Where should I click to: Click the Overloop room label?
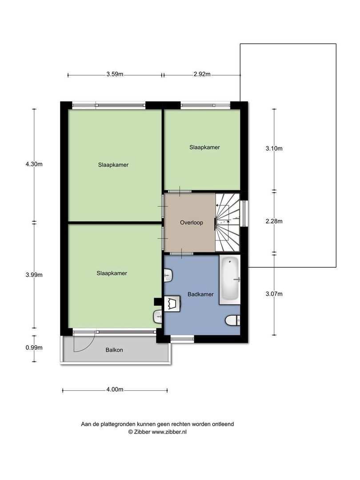pyautogui.click(x=191, y=223)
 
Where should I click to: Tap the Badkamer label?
pyautogui.click(x=200, y=294)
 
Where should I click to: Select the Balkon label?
pyautogui.click(x=114, y=350)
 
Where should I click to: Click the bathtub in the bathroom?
pyautogui.click(x=230, y=279)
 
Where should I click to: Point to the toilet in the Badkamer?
pyautogui.click(x=232, y=320)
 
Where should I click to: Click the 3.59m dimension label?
pyautogui.click(x=115, y=74)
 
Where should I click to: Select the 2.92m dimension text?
pyautogui.click(x=202, y=74)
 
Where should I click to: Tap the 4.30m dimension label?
pyautogui.click(x=34, y=164)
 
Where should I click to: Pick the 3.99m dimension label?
pyautogui.click(x=34, y=275)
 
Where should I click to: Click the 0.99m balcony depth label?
pyautogui.click(x=34, y=348)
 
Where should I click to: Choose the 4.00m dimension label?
pyautogui.click(x=115, y=389)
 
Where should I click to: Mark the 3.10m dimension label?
pyautogui.click(x=274, y=148)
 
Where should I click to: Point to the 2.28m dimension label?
pyautogui.click(x=274, y=221)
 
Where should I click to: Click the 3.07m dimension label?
pyautogui.click(x=274, y=294)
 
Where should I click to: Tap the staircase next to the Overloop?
pyautogui.click(x=228, y=223)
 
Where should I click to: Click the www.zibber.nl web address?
pyautogui.click(x=169, y=432)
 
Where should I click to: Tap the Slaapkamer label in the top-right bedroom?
pyautogui.click(x=204, y=147)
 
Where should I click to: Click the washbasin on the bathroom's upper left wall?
pyautogui.click(x=169, y=276)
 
